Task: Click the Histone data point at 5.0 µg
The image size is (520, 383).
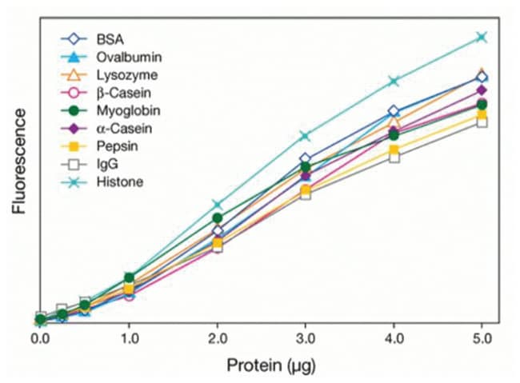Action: [x=482, y=37]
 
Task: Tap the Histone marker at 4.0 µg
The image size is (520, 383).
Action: [x=394, y=81]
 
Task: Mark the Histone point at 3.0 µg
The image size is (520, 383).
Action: [x=305, y=136]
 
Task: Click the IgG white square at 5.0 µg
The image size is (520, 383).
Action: [x=482, y=122]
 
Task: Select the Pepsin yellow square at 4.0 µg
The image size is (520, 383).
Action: [x=394, y=150]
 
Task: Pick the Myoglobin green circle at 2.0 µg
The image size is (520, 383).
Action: [x=217, y=217]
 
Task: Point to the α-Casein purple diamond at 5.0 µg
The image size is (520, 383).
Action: [x=482, y=90]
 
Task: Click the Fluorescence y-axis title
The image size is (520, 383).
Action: [x=19, y=165]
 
